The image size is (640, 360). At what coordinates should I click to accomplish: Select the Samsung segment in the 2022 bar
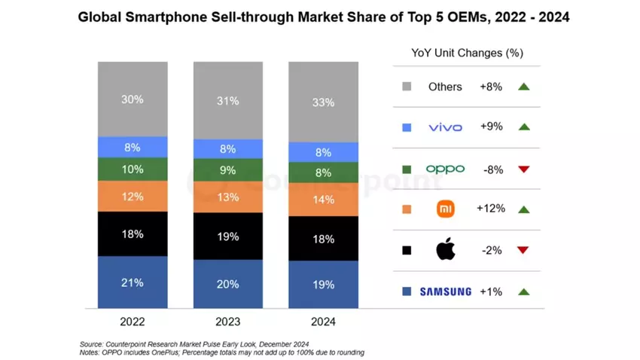pos(132,282)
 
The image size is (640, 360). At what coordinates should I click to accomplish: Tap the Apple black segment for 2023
pos(227,236)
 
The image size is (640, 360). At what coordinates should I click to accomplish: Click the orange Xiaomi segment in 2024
pos(323,200)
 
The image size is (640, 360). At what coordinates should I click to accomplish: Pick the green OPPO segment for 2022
pos(132,169)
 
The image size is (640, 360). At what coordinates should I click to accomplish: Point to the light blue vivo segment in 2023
pos(227,149)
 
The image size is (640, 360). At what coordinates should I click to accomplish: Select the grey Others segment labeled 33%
pos(323,102)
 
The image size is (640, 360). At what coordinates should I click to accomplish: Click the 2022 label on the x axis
pos(132,322)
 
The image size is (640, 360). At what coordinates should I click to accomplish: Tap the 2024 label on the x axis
pos(323,322)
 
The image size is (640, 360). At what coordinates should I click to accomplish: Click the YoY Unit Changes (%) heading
pos(468,53)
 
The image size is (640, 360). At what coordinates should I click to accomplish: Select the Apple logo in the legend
pos(446,250)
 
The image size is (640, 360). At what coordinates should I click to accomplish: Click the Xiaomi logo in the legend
pos(446,209)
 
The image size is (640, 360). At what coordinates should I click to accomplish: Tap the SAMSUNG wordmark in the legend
pos(446,291)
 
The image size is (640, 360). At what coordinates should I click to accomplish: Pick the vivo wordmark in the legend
pos(445,127)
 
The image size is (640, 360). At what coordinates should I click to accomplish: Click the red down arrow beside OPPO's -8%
pos(524,169)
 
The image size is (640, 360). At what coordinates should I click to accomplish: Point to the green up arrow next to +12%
pos(524,209)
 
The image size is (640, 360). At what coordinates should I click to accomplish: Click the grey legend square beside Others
pos(407,87)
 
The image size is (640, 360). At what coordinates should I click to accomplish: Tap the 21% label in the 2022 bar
pos(132,284)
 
